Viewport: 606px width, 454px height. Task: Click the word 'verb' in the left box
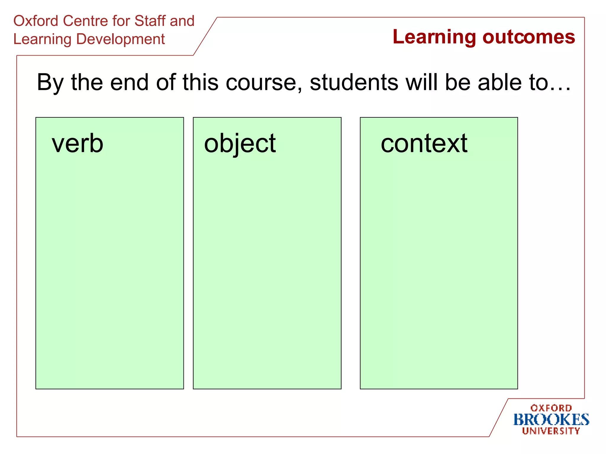(x=78, y=144)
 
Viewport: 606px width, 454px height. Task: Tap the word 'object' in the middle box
(x=240, y=144)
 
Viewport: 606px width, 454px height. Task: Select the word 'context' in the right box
(x=424, y=144)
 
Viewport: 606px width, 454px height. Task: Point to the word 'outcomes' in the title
(x=529, y=38)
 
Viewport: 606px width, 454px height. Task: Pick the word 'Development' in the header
(x=120, y=40)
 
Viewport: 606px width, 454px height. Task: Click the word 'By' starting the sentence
(x=50, y=83)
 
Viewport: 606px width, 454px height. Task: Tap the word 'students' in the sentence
(x=354, y=83)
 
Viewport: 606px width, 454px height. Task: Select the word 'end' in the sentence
(x=129, y=83)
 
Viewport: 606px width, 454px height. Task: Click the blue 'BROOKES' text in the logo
(x=551, y=420)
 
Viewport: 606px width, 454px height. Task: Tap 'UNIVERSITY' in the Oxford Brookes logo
(x=551, y=431)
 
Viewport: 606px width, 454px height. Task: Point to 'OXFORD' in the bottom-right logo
(x=551, y=408)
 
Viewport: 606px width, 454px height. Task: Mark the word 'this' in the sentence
(x=200, y=83)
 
